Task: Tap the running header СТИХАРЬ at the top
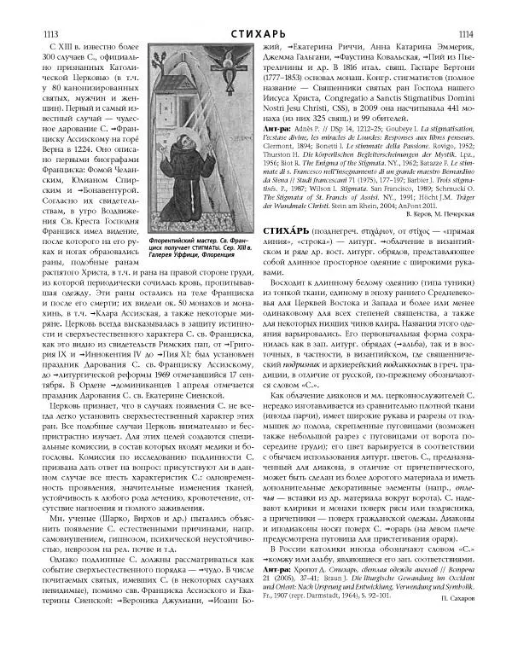tap(255, 9)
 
